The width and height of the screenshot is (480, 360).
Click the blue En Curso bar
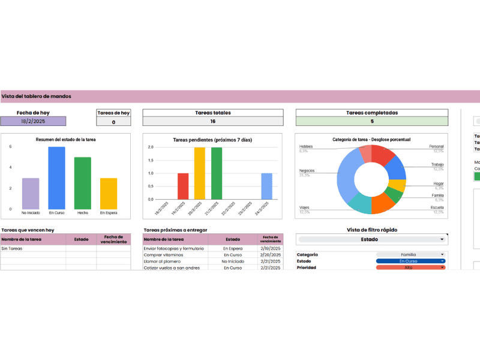click(x=56, y=178)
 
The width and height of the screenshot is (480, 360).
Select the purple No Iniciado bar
click(x=31, y=193)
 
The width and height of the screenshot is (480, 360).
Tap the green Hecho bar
click(x=83, y=183)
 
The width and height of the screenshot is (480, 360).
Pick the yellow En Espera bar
click(x=109, y=193)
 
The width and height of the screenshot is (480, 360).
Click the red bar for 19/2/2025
click(x=183, y=186)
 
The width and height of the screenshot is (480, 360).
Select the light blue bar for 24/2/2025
click(x=266, y=186)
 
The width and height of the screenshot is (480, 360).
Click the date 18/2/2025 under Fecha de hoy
click(x=33, y=121)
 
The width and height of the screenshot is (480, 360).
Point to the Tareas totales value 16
click(x=212, y=121)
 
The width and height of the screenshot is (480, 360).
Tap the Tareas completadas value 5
click(x=372, y=121)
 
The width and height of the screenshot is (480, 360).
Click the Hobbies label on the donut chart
click(x=306, y=146)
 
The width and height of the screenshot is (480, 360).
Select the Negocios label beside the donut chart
click(x=307, y=170)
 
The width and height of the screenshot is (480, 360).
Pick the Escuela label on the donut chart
click(x=437, y=208)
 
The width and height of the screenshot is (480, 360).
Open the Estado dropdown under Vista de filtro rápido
click(x=372, y=239)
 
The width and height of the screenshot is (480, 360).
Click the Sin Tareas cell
click(x=12, y=248)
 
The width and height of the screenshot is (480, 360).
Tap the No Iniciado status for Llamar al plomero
click(x=233, y=262)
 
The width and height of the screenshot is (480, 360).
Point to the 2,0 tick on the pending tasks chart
click(x=150, y=147)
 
